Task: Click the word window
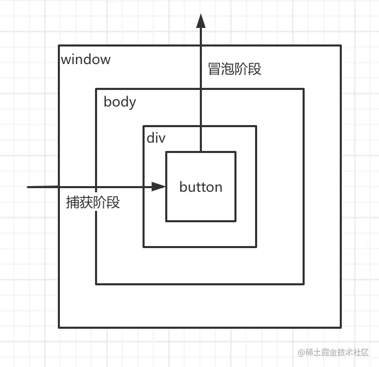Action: pyautogui.click(x=86, y=59)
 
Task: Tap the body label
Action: pyautogui.click(x=119, y=102)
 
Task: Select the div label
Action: pyautogui.click(x=156, y=138)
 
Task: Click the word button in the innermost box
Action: pyautogui.click(x=201, y=187)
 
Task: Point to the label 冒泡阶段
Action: pyautogui.click(x=234, y=69)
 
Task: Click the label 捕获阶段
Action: pyautogui.click(x=93, y=202)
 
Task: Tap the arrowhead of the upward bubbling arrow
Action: pyautogui.click(x=201, y=21)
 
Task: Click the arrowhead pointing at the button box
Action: pyautogui.click(x=159, y=187)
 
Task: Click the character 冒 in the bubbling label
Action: pyautogui.click(x=214, y=69)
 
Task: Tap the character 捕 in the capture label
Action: pyautogui.click(x=73, y=202)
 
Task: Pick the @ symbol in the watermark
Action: pyautogui.click(x=302, y=352)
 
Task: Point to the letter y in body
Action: pyautogui.click(x=132, y=103)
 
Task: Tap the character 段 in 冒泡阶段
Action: pyautogui.click(x=255, y=69)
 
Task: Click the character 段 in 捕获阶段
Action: pyautogui.click(x=113, y=202)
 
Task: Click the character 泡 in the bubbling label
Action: pyautogui.click(x=228, y=69)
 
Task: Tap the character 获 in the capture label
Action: pyautogui.click(x=86, y=202)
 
